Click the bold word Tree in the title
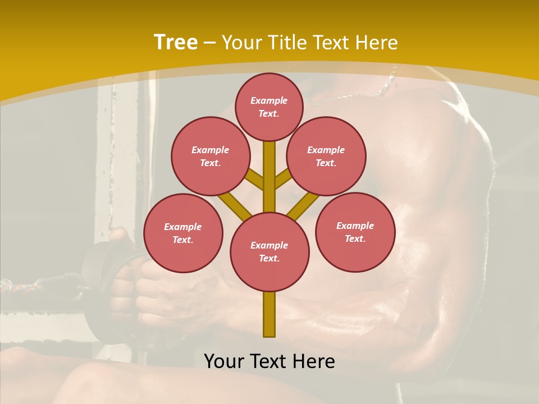point(176,42)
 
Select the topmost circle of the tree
point(269,107)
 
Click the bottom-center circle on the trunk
point(269,251)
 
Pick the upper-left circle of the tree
point(210,156)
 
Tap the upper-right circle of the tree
point(326,156)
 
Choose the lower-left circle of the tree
point(183,233)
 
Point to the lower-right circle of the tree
point(355,232)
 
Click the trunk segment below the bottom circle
point(269,314)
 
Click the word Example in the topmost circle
point(269,100)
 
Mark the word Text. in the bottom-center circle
point(269,258)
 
